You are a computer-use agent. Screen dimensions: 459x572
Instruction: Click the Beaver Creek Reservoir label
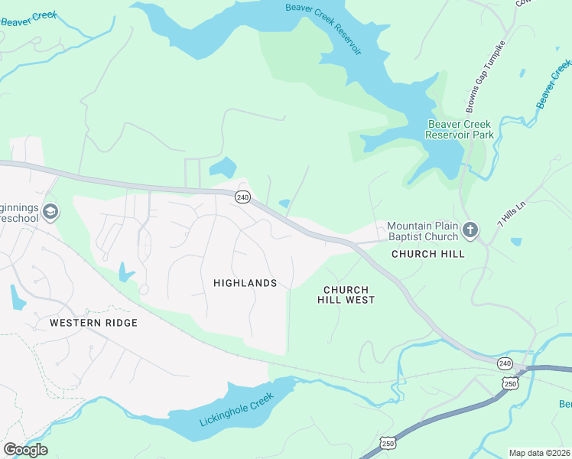[323, 28]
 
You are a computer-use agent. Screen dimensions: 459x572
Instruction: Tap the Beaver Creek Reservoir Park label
[460, 129]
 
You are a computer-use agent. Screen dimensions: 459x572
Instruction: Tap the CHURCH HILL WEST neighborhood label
[346, 295]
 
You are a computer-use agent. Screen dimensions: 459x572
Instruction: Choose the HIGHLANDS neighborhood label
[245, 283]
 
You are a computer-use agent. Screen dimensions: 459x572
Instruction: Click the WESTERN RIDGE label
[93, 323]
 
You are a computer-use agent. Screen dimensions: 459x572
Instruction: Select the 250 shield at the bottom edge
[388, 443]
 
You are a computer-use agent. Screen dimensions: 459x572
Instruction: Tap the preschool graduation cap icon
[50, 212]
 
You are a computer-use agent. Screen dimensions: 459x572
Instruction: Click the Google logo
[25, 450]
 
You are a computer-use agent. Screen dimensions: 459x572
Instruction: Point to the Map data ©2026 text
[540, 453]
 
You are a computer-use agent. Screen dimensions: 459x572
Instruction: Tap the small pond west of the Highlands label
[124, 272]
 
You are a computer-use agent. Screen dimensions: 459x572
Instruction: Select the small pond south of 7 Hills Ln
[516, 242]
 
